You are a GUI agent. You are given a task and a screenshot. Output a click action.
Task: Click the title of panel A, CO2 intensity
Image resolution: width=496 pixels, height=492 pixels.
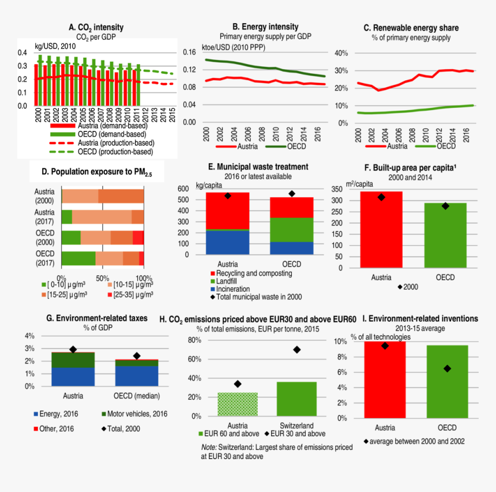coord(96,27)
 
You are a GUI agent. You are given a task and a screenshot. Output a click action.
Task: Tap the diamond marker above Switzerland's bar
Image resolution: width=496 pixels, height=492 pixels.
coord(297,350)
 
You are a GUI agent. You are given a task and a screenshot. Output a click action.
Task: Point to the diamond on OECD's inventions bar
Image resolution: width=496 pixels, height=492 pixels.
coord(446,369)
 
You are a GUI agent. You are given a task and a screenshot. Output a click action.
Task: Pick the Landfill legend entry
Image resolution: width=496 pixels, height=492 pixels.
coord(228,280)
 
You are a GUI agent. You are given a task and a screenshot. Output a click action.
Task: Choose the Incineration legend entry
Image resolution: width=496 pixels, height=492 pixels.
coord(233,288)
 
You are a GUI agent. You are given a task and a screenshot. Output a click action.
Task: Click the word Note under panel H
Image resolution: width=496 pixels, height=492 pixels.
coord(208,448)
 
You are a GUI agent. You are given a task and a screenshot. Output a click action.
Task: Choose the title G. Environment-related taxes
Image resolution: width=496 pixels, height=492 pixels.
coord(96,318)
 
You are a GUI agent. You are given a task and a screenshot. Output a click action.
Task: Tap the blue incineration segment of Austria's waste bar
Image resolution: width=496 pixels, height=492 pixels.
coord(227,242)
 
